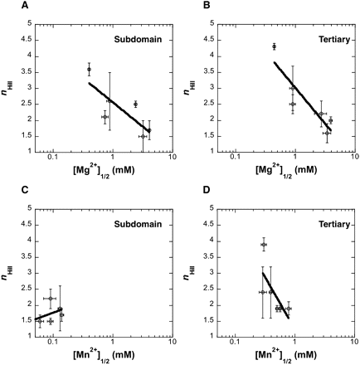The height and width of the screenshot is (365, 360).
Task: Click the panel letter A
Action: (x=25, y=5)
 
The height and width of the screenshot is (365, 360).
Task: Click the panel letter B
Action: (x=207, y=5)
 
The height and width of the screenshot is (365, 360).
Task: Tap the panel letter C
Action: (x=25, y=190)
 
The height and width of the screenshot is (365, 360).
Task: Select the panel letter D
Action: (x=207, y=190)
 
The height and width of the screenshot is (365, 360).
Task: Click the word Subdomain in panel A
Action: (x=138, y=40)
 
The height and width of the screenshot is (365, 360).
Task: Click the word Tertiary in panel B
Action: (x=334, y=40)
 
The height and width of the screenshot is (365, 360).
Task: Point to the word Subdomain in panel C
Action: (x=138, y=224)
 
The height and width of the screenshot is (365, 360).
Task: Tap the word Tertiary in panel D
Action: (x=334, y=224)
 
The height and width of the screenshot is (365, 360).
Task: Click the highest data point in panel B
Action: (x=274, y=46)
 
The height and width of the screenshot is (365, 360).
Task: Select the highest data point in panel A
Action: (x=89, y=69)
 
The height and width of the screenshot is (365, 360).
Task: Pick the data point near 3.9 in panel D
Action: (x=264, y=245)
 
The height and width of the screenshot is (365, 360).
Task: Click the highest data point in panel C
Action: (x=51, y=299)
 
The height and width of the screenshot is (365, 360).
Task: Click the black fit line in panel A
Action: (x=119, y=107)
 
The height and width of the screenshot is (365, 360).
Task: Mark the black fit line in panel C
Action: (x=48, y=314)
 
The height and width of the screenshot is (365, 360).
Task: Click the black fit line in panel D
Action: (x=275, y=295)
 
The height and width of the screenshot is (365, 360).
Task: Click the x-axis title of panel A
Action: (x=104, y=171)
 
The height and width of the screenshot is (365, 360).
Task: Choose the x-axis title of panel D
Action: (x=286, y=355)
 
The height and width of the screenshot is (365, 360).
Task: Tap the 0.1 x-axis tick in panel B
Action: (x=235, y=157)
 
